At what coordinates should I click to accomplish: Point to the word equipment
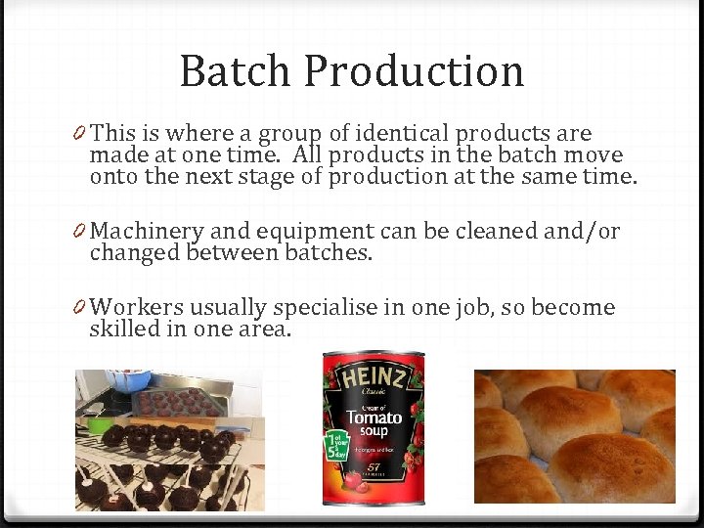click(314, 233)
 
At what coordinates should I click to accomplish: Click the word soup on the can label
click(378, 431)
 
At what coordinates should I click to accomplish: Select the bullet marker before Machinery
click(79, 232)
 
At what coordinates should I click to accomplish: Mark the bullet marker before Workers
click(79, 308)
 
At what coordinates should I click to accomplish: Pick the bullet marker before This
click(79, 134)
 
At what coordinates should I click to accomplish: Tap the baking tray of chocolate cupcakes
click(177, 402)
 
